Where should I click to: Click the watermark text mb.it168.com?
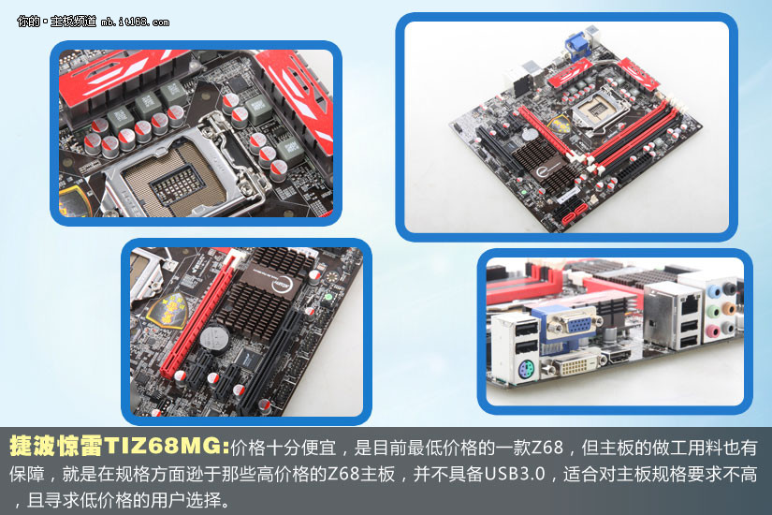[x=135, y=22]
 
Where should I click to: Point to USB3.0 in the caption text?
[x=515, y=474]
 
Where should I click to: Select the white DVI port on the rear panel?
[x=573, y=366]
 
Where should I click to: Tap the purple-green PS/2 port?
[x=526, y=369]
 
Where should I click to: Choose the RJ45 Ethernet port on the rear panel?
[x=690, y=304]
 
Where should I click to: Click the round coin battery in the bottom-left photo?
[x=215, y=338]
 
